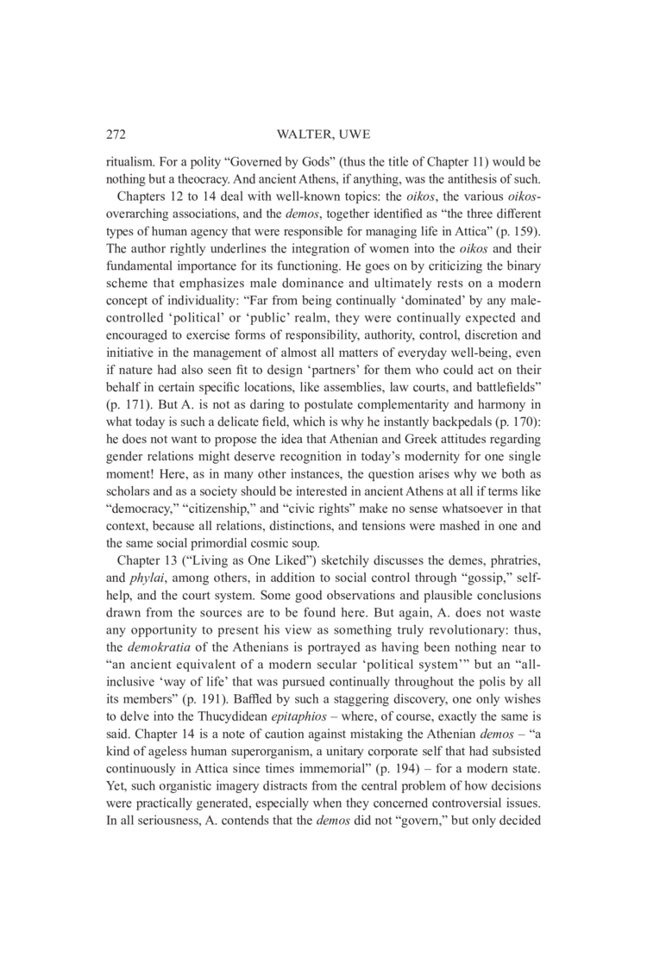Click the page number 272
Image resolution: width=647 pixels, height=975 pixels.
[116, 134]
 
